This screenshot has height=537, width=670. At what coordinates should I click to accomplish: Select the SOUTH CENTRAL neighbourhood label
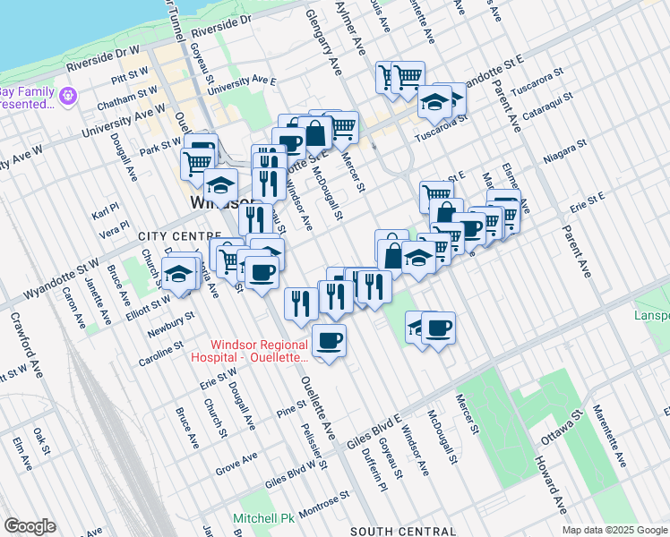tap(395, 531)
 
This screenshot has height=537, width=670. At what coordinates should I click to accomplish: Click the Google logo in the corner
tap(30, 526)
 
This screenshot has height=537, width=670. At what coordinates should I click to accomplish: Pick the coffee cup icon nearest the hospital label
tap(329, 341)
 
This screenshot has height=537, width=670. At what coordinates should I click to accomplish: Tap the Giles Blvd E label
tap(379, 419)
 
